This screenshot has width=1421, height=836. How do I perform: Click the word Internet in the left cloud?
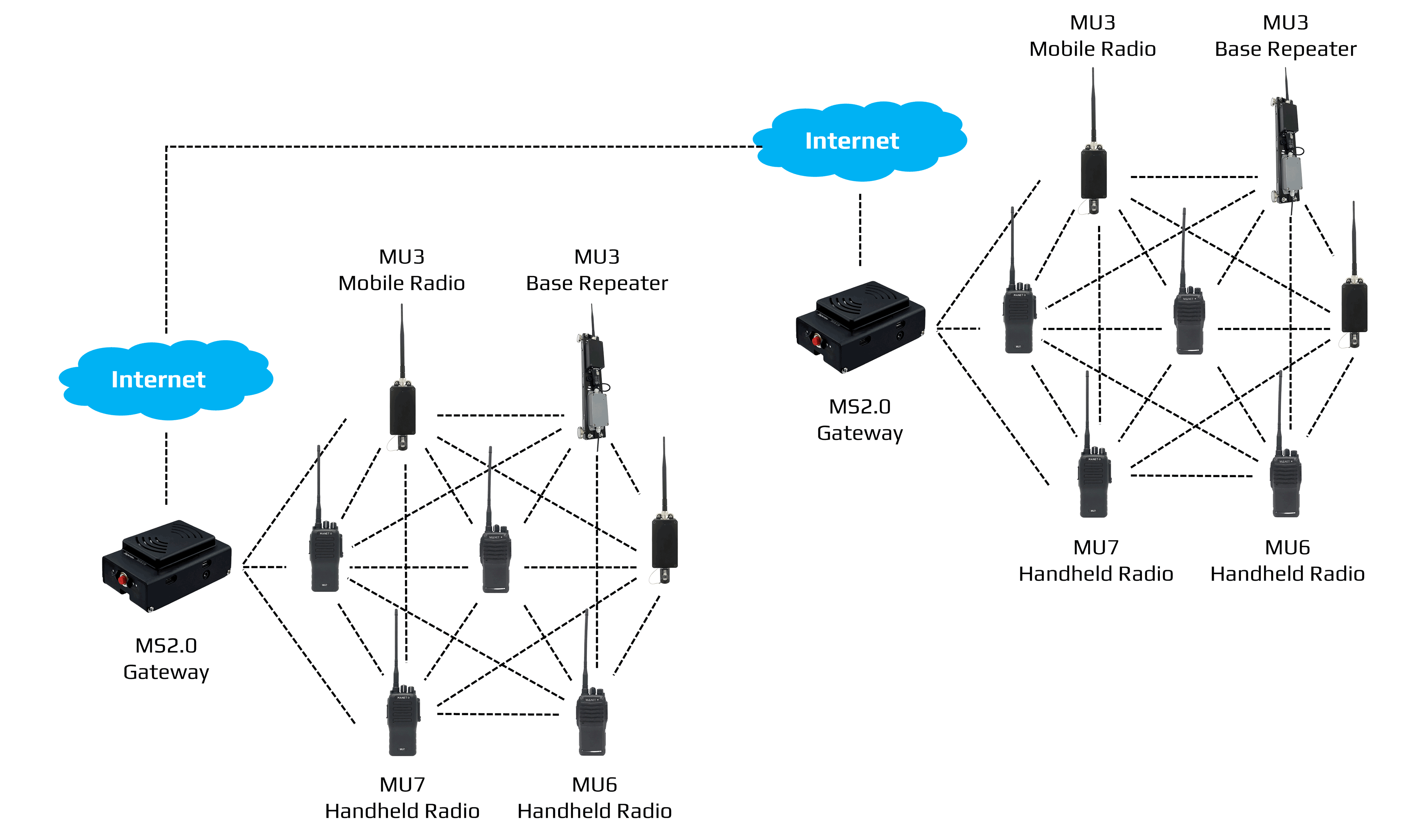[x=158, y=380]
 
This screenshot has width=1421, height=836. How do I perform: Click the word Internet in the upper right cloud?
[x=852, y=141]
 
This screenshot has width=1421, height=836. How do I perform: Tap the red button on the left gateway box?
[x=122, y=579]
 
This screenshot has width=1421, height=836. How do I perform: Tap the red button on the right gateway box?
[x=816, y=340]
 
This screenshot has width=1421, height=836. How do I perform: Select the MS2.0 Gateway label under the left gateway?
[x=166, y=658]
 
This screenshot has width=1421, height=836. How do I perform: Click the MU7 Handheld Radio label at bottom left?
[x=402, y=797]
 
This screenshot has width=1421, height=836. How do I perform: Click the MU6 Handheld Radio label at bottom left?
[x=594, y=797]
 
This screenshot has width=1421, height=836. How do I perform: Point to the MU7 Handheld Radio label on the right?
[x=1095, y=560]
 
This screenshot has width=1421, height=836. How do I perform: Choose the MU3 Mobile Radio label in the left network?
[x=401, y=270]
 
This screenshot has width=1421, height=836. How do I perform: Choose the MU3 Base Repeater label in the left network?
[x=596, y=270]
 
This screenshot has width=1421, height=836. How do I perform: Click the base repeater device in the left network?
[x=594, y=389]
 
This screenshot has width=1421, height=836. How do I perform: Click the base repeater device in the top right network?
[x=1287, y=151]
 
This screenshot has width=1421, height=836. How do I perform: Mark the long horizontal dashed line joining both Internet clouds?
[x=451, y=147]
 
